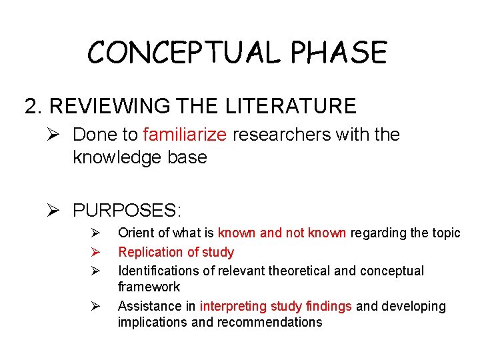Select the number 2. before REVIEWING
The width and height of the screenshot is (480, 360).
pos(33,106)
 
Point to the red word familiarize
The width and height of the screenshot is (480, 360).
pos(185,135)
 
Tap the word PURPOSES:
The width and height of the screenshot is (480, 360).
pos(126,211)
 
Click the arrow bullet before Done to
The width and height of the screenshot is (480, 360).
pos(57,135)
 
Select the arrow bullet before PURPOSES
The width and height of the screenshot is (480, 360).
pos(57,211)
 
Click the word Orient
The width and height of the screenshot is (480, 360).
pos(135,233)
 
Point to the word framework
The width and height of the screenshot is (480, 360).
pos(149,287)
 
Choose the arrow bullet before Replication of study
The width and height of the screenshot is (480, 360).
pos(95,252)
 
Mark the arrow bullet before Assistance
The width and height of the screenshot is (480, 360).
pos(95,306)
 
